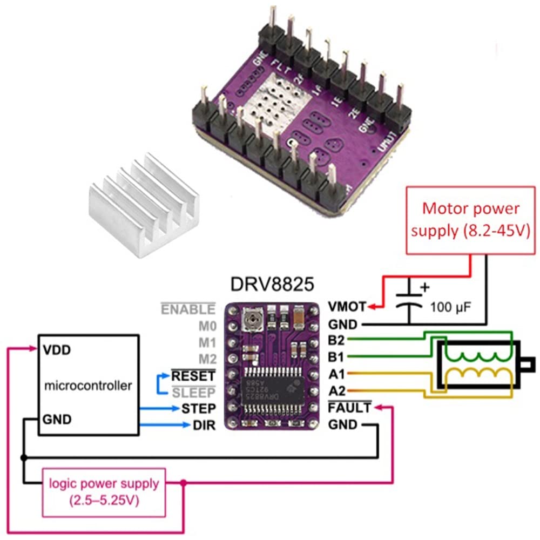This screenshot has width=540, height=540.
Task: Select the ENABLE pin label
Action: (x=188, y=309)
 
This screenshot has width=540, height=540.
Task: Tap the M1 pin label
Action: (x=207, y=342)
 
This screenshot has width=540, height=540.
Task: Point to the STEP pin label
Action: (x=198, y=408)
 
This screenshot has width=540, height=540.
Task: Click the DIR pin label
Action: (x=204, y=426)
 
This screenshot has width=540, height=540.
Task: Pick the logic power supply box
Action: (x=104, y=490)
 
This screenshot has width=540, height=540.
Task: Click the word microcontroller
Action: (x=87, y=386)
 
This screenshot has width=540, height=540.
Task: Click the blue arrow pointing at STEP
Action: (x=159, y=409)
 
